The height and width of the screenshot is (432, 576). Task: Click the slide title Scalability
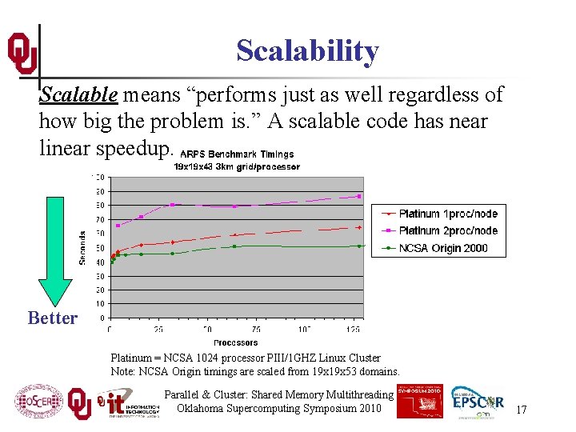(307, 51)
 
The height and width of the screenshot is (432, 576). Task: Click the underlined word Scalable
(79, 94)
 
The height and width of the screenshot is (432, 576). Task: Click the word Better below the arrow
(53, 318)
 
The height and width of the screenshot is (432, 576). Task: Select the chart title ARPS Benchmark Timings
(237, 154)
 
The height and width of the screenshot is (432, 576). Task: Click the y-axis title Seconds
(82, 248)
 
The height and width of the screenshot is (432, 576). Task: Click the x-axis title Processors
(236, 342)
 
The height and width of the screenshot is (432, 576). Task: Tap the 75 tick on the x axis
(256, 329)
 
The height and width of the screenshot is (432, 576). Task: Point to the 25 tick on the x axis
(158, 329)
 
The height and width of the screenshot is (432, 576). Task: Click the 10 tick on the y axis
(99, 304)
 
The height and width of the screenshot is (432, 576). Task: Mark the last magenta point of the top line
(359, 196)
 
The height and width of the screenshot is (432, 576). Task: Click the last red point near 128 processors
(359, 227)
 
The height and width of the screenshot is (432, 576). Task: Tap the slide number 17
(521, 410)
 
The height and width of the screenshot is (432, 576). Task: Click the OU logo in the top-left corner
(22, 53)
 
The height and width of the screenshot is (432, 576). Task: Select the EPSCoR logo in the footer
(478, 402)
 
